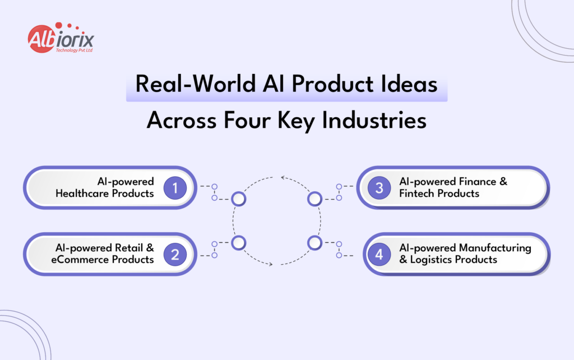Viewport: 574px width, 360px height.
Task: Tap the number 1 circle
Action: click(175, 188)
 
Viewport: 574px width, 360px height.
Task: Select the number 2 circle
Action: click(175, 255)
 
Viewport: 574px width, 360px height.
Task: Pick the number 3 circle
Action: click(379, 188)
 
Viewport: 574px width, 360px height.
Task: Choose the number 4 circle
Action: click(379, 255)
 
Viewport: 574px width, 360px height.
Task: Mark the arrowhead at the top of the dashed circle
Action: click(283, 179)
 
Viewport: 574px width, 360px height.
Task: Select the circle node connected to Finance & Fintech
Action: click(314, 199)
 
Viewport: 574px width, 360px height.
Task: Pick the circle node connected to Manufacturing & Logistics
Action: click(314, 243)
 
